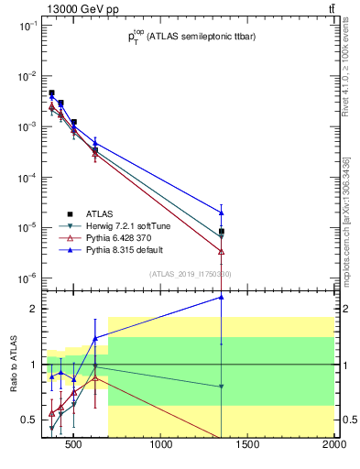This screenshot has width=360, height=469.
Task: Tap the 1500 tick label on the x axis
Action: click(248, 446)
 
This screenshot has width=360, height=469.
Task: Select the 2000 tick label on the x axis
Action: click(333, 446)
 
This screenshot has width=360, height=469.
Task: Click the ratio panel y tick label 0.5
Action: click(27, 420)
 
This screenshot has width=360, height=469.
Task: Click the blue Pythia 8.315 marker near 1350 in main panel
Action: click(222, 213)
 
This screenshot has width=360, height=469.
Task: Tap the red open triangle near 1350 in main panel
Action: click(222, 251)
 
